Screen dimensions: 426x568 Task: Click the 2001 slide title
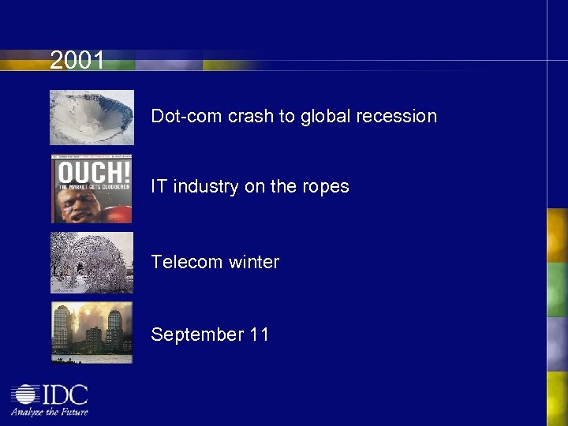coord(77,60)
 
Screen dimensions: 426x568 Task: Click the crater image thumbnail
coord(92,118)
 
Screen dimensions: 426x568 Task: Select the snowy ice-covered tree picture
coord(92,263)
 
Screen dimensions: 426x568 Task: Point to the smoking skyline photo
coord(92,332)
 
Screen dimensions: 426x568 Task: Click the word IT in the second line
coord(159,186)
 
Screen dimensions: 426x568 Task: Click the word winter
coord(253,262)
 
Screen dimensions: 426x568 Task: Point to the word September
coord(197,334)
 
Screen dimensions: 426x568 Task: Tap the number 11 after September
coord(260,334)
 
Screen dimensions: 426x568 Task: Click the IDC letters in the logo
coord(64,394)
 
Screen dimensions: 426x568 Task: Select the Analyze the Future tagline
coord(49,411)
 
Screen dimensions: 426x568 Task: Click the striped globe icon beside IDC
coord(24,394)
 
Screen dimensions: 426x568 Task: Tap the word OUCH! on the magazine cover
coord(92,171)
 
